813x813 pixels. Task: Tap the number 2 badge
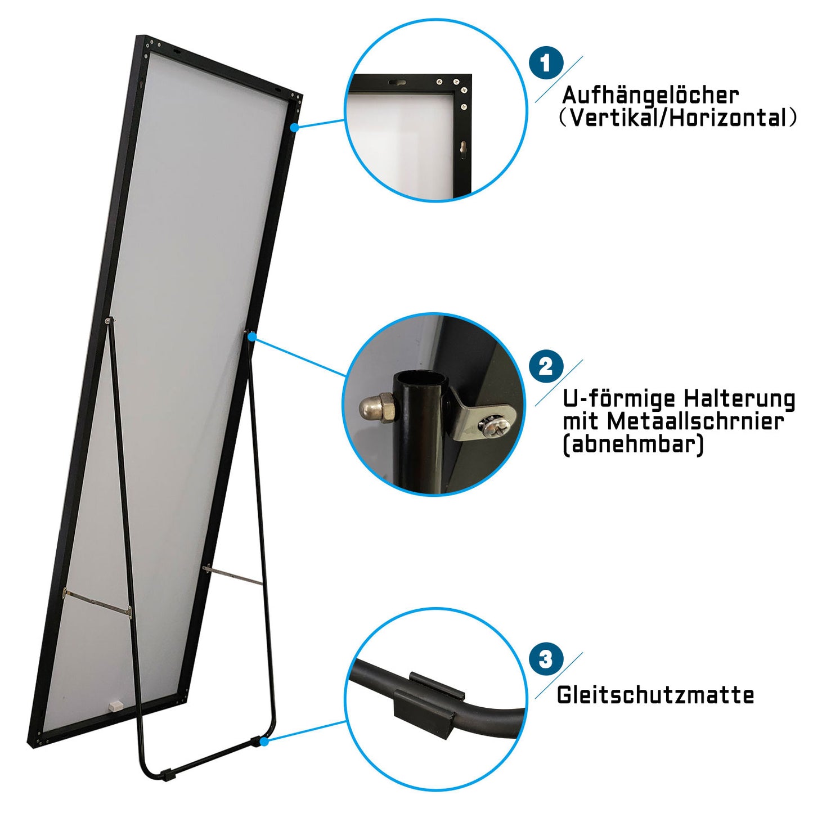[546, 367]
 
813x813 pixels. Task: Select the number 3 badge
[546, 659]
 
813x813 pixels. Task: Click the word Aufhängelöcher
[650, 96]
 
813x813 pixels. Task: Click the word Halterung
[740, 399]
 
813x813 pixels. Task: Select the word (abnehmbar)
[633, 444]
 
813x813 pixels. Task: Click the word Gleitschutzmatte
[655, 695]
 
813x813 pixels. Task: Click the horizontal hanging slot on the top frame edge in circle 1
[396, 82]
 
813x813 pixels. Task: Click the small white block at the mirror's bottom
[114, 704]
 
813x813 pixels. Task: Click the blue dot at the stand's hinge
[252, 336]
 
